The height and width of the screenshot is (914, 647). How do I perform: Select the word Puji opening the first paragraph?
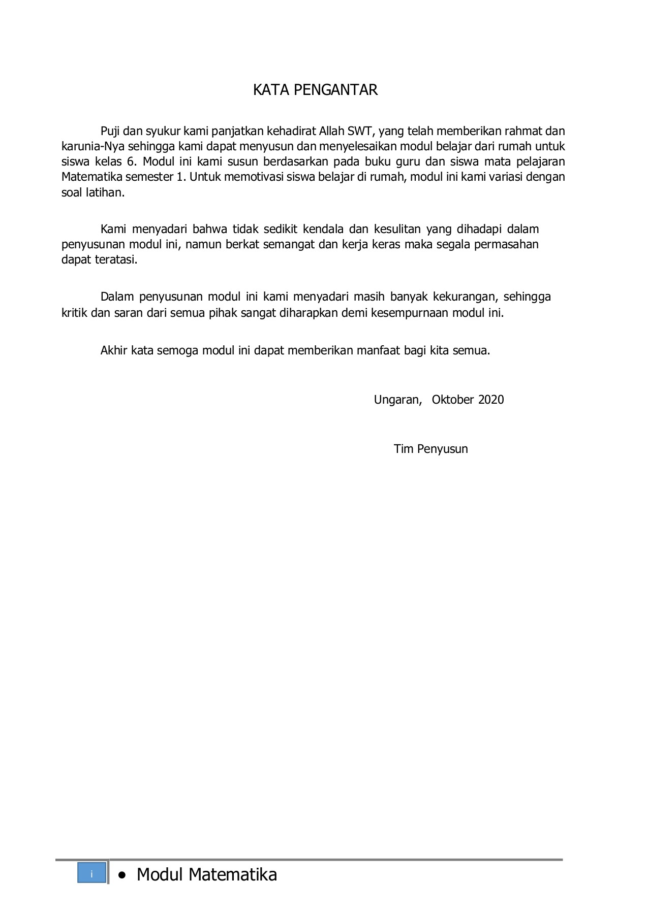[x=110, y=132]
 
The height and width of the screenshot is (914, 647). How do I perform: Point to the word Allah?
[x=332, y=131]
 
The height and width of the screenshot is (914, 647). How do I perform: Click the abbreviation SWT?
[x=361, y=131]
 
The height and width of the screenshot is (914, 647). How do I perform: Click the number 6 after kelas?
[x=131, y=162]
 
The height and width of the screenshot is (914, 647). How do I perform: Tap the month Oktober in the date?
[x=452, y=400]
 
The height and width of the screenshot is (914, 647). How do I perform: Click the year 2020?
[x=491, y=400]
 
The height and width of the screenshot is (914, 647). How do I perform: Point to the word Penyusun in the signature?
[x=442, y=449]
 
